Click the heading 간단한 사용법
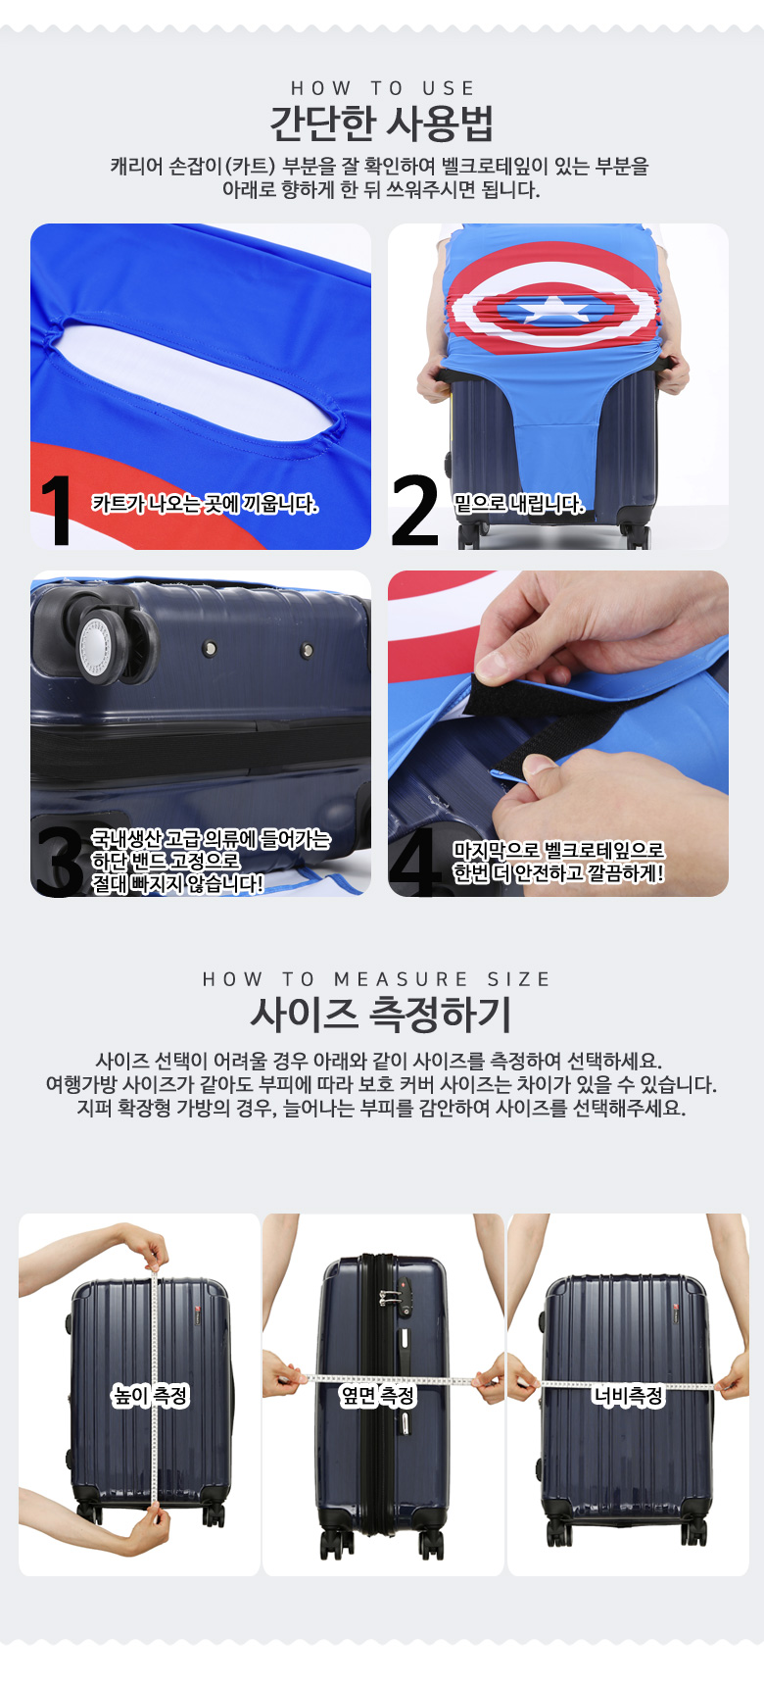point(382,124)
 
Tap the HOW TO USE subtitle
point(383,88)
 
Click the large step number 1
point(57,510)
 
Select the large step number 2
point(414,510)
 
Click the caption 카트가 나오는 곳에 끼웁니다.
point(205,504)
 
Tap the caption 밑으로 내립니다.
point(519,504)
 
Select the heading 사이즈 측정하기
point(382,1015)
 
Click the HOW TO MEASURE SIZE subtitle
point(377,979)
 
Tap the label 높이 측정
point(151,1395)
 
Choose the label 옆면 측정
point(378,1395)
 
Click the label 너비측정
point(628,1395)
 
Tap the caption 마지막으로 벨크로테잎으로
point(558,850)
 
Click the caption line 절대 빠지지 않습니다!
point(177,884)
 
